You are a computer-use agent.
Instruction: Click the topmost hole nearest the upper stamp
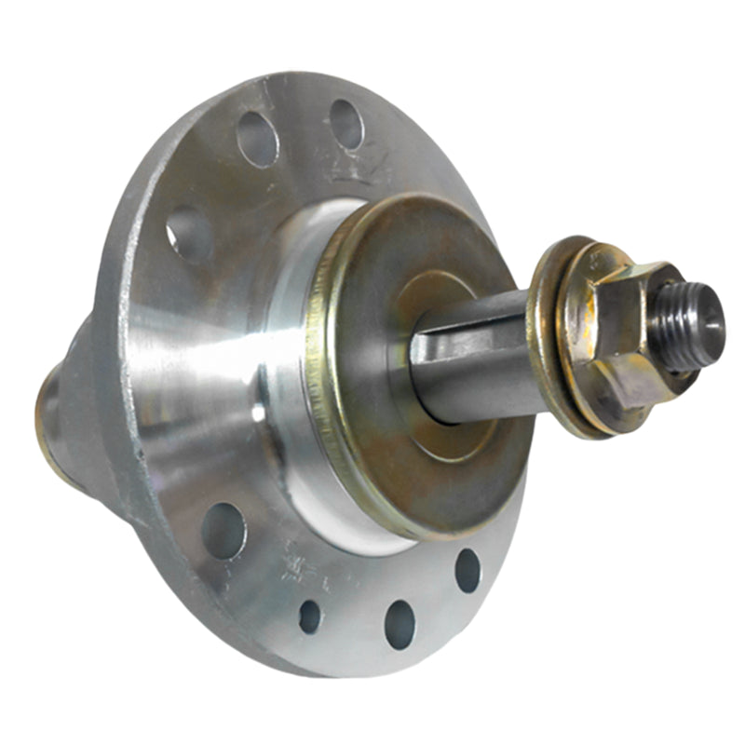click(x=345, y=123)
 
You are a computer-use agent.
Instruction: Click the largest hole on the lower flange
click(x=223, y=531)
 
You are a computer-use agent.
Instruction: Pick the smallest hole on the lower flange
click(x=310, y=616)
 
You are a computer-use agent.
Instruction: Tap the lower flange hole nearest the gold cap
click(x=467, y=570)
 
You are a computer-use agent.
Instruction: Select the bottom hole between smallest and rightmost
click(x=400, y=624)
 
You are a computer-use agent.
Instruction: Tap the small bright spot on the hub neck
click(x=259, y=411)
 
